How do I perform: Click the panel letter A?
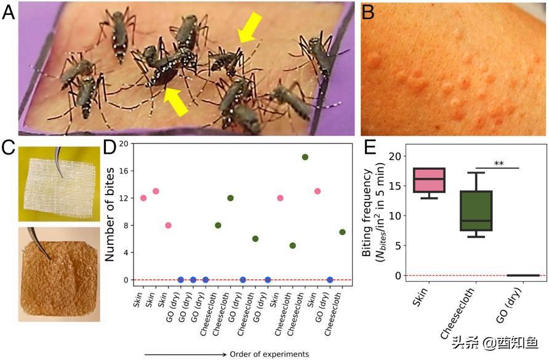coord(9,12)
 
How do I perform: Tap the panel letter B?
coord(368,12)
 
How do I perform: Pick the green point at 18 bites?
coord(305,157)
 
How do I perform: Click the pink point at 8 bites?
coord(168,225)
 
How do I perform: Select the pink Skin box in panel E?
coord(429,180)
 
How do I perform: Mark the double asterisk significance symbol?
coord(499,164)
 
